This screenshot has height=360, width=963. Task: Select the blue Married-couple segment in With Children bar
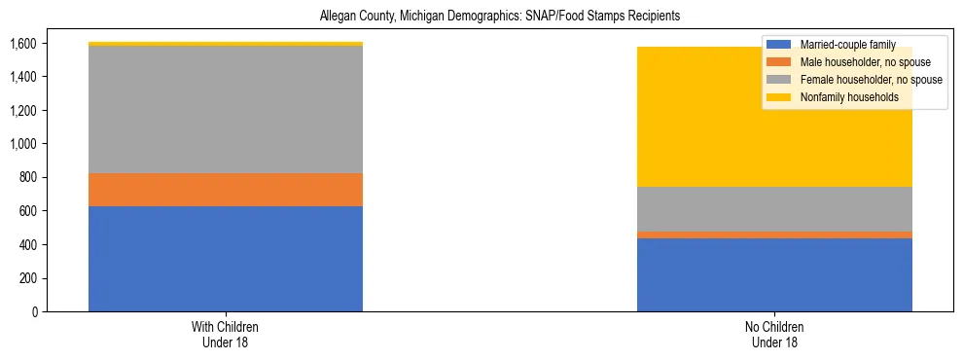pos(226,259)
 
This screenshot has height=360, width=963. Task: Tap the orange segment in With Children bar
pos(226,190)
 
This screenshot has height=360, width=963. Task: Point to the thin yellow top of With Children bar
pos(226,44)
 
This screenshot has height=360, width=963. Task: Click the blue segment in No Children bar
pos(774,274)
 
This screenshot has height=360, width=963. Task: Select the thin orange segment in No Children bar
pos(774,234)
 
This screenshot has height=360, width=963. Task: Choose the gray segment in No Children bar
pos(774,209)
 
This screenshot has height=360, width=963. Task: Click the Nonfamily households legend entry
pos(842,97)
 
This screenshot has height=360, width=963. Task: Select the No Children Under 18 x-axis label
pos(774,335)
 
